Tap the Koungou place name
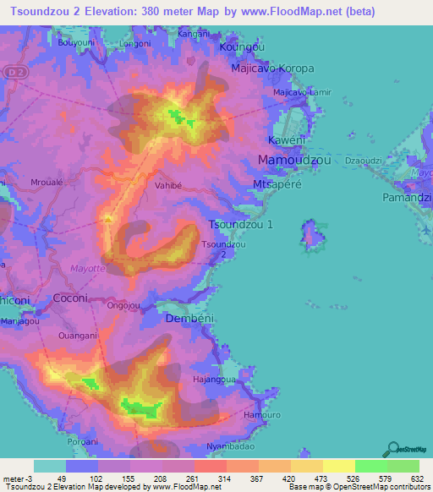242,48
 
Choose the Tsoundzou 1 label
242,225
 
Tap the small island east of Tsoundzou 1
315,235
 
